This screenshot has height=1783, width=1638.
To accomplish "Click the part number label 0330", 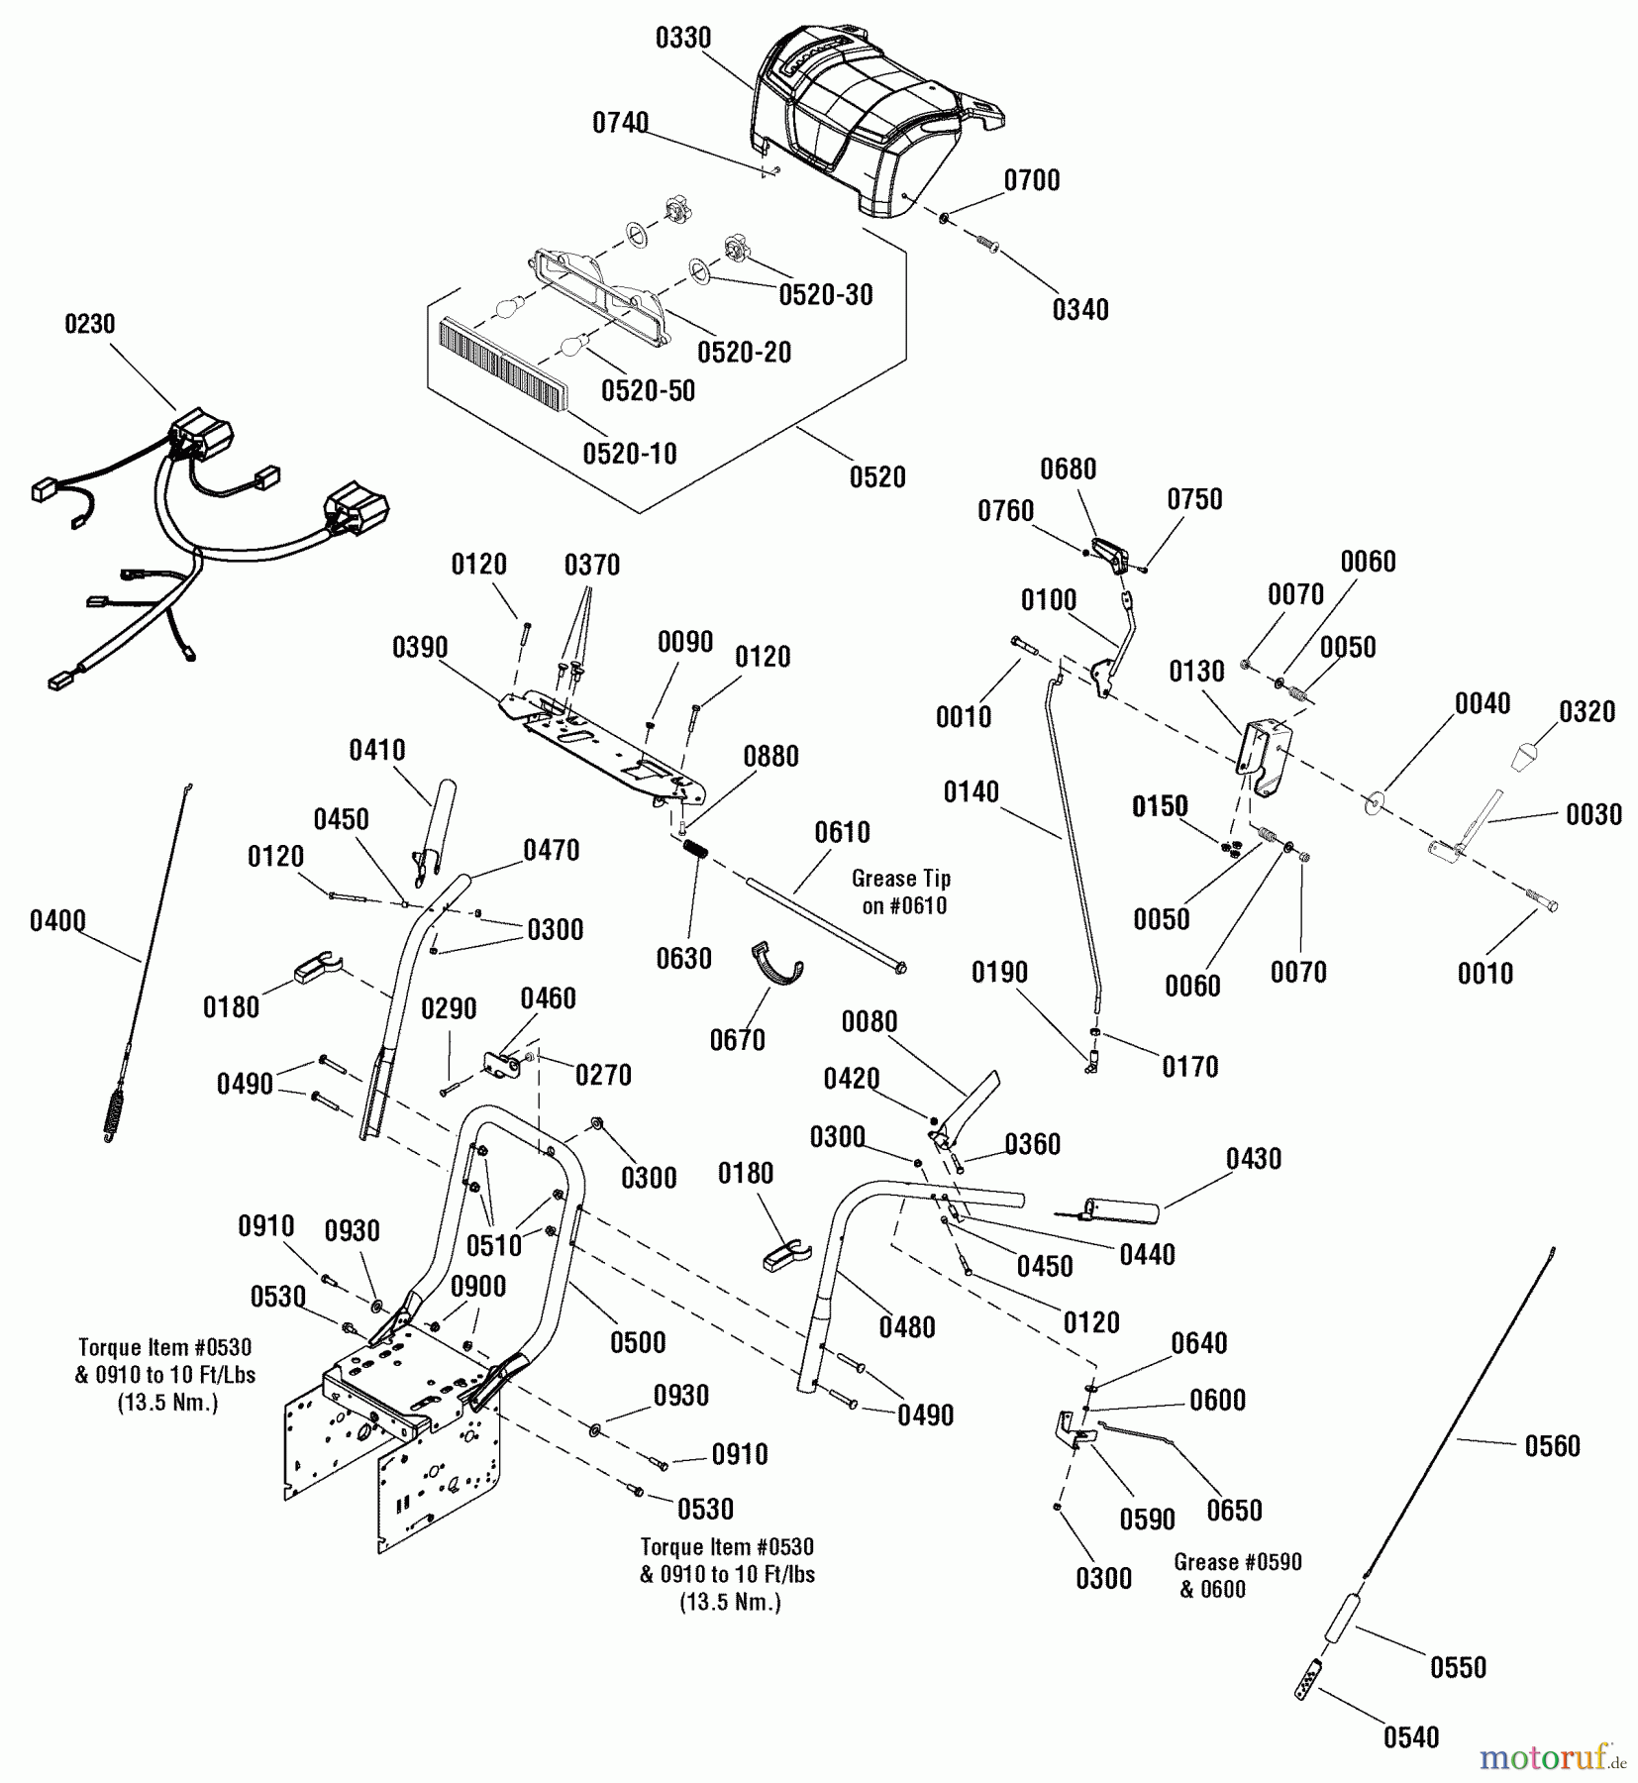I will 683,39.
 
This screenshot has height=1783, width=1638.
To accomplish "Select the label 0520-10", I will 630,454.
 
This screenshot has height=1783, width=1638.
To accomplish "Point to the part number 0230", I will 90,324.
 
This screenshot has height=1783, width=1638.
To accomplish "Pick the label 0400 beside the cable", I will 57,921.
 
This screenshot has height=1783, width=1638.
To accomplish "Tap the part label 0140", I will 971,791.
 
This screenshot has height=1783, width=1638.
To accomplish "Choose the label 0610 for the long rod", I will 842,831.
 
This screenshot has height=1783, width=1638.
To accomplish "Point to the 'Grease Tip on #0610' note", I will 901,891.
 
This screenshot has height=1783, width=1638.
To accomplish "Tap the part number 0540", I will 1411,1736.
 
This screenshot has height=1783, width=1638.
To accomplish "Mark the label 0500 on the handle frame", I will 638,1342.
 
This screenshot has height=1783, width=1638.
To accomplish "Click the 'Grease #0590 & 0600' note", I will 1237,1575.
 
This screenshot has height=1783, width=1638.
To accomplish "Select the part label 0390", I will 420,648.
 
